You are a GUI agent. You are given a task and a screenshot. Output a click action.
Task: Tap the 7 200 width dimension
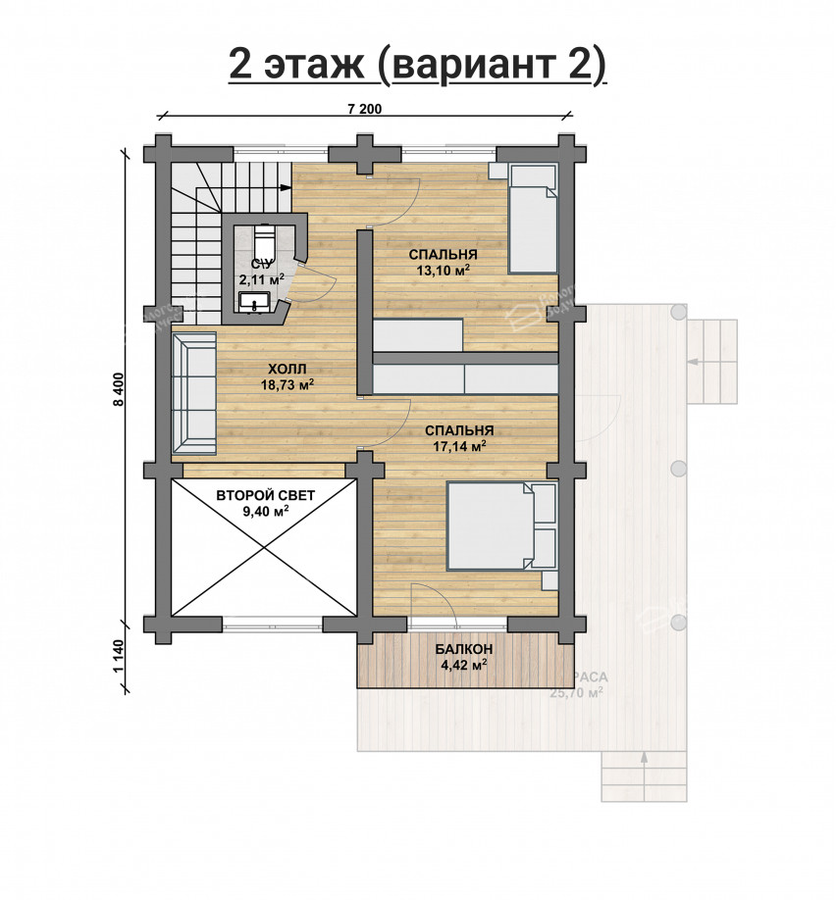coord(364,109)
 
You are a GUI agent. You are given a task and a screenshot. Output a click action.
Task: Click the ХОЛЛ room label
coord(287,369)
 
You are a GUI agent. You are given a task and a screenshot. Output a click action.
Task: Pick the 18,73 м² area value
coord(287,385)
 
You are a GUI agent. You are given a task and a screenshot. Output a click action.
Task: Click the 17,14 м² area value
coord(458,446)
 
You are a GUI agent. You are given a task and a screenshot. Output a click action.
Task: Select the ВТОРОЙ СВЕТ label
coord(265,496)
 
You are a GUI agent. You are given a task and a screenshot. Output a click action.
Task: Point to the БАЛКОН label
coord(464,649)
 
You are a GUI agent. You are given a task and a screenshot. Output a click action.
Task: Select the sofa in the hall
coord(194,393)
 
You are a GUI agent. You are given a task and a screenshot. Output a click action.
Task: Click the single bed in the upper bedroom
coord(532,218)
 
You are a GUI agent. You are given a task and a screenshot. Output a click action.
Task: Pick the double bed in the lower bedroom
coord(501,525)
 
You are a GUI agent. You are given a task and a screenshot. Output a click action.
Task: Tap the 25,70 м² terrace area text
coord(578,692)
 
